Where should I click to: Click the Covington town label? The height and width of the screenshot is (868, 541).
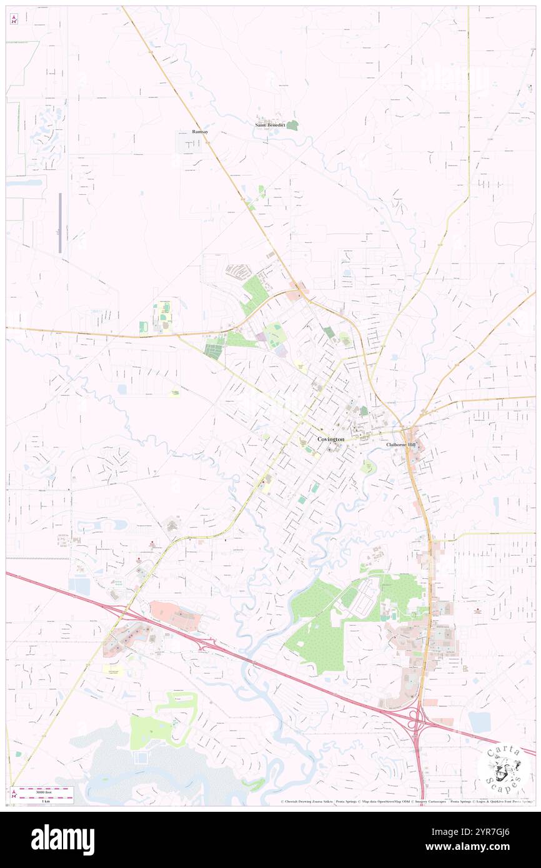point(330,440)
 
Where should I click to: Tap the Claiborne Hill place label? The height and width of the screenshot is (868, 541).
point(399,445)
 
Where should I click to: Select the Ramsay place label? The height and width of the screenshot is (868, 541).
point(200,132)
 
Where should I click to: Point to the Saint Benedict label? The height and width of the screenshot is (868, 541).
point(270,125)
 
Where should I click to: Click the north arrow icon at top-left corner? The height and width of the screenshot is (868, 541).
point(14,19)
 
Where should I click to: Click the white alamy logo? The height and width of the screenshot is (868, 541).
point(62,840)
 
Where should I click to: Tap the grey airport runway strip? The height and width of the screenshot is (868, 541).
point(60,223)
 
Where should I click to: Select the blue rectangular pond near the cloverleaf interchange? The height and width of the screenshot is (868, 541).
point(479,722)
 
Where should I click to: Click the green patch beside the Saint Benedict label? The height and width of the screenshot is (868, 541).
point(292,125)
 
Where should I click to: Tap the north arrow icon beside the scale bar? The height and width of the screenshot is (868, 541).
point(14,795)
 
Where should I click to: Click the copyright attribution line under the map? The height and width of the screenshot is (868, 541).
point(406,801)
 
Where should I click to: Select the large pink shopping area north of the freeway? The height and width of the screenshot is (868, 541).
point(176,615)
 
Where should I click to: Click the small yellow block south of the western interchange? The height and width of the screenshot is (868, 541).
point(113,669)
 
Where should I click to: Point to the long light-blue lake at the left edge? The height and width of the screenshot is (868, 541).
point(25,183)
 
